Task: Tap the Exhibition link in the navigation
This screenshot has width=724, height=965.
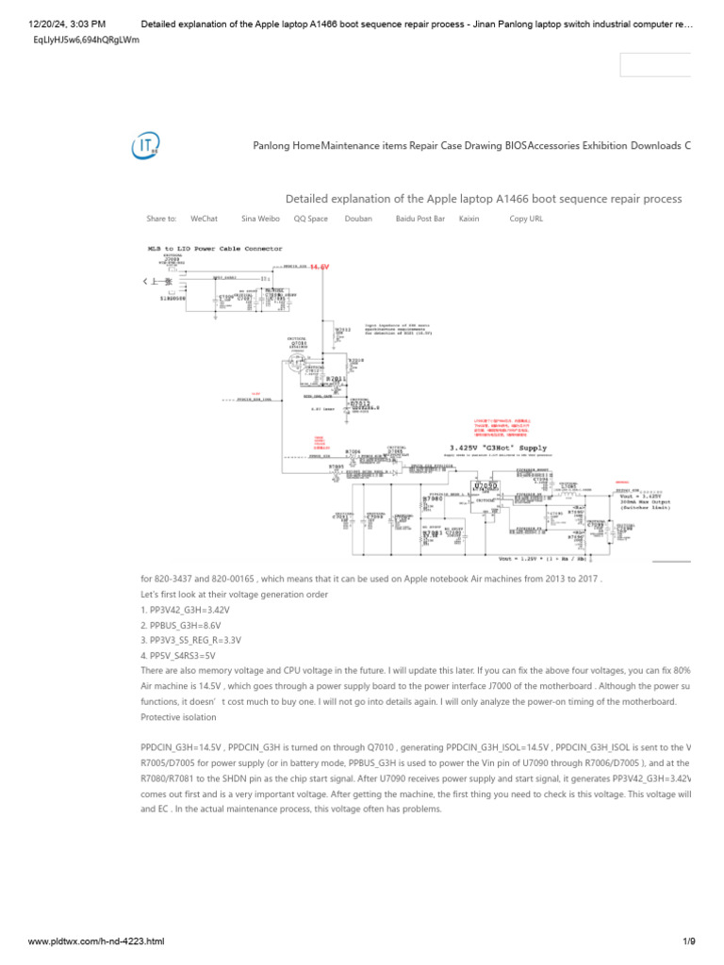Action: [x=604, y=146]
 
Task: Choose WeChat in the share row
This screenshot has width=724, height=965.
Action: [x=204, y=219]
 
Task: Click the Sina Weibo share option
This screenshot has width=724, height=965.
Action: [x=260, y=219]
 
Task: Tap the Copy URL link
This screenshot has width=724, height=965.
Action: [x=526, y=219]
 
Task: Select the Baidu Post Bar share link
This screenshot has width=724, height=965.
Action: [x=420, y=219]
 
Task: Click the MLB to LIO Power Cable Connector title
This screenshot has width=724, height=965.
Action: [x=209, y=249]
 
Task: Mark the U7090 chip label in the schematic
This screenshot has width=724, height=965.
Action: [x=486, y=486]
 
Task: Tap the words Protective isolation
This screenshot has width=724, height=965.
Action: [x=178, y=715]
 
